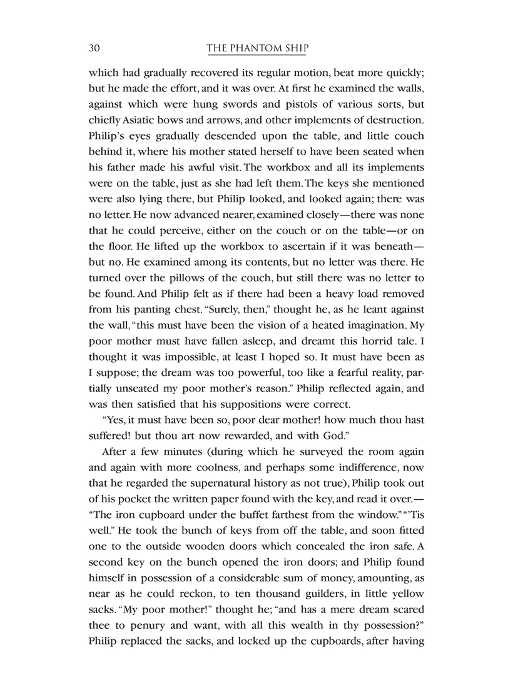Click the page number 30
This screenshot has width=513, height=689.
[x=95, y=49]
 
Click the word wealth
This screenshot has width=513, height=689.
[x=265, y=626]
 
